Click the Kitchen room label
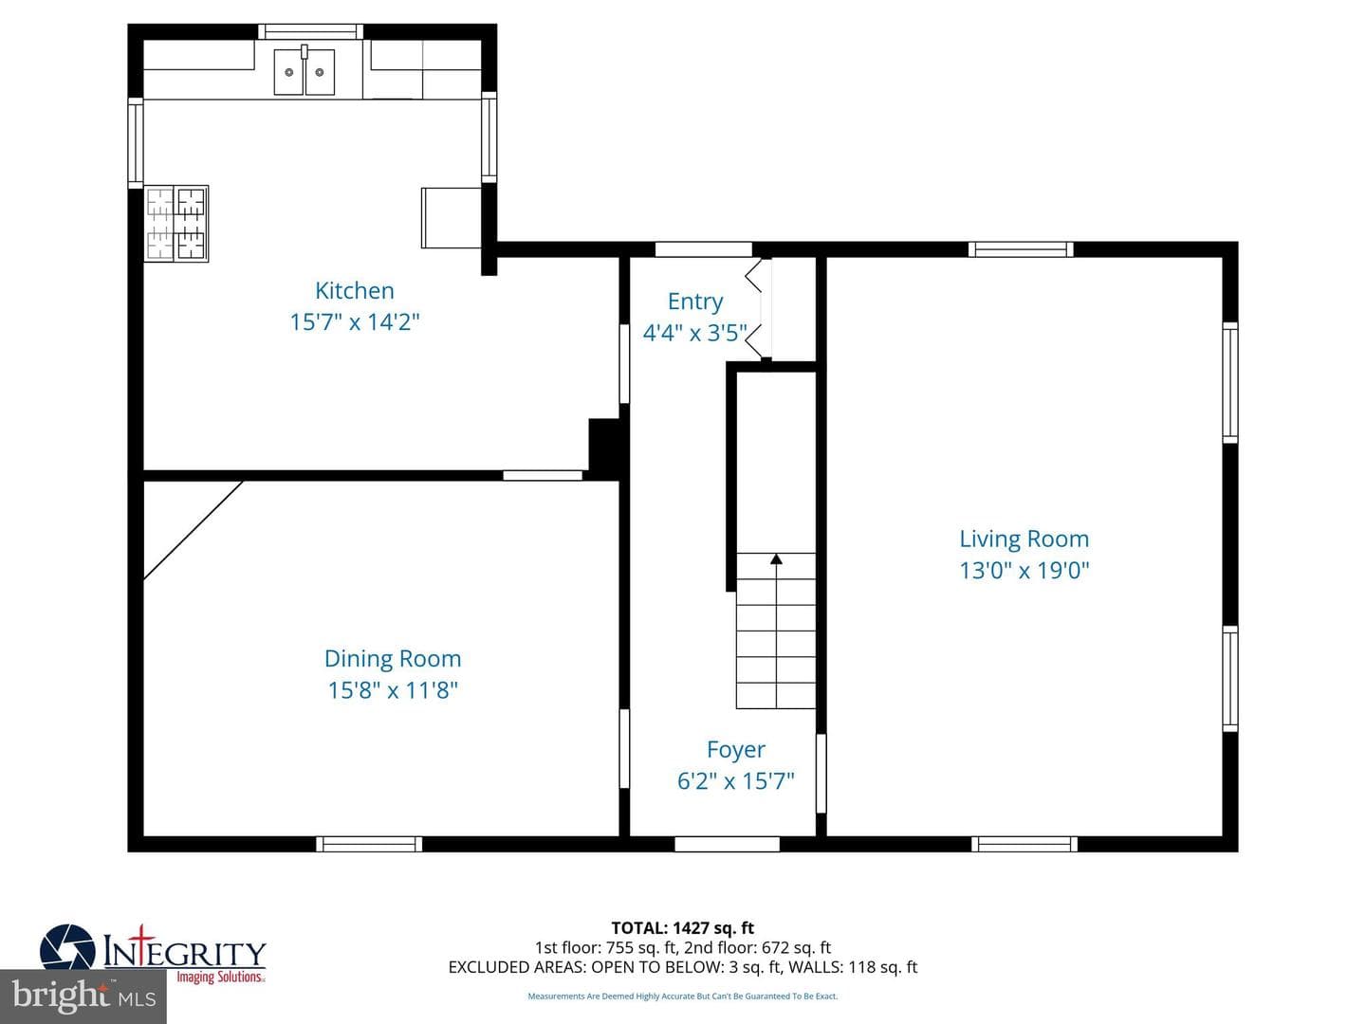(354, 290)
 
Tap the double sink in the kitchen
(305, 71)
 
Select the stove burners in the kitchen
(176, 223)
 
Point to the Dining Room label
(393, 658)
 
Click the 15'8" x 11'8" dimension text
(393, 690)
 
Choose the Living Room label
(1024, 539)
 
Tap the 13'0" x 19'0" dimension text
(1024, 570)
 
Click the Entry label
(695, 302)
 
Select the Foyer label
(735, 749)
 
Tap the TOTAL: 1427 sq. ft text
(683, 927)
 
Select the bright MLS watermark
(83, 997)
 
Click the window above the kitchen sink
(310, 31)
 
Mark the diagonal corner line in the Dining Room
(194, 530)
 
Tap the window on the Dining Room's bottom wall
(369, 844)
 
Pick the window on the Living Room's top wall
(1021, 249)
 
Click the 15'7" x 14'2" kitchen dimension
(355, 322)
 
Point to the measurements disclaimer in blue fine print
(683, 996)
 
